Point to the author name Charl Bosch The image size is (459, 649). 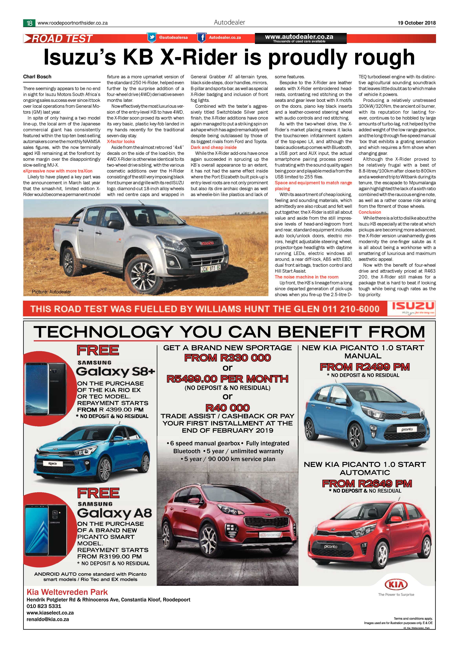tap(37, 77)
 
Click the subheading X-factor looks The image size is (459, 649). tap(121, 141)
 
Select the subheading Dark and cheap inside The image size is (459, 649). tap(213, 147)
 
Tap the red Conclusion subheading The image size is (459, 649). tap(370, 212)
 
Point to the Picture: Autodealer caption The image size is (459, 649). tap(51, 291)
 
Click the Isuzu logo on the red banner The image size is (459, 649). tap(413, 308)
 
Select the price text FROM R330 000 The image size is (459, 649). tap(227, 358)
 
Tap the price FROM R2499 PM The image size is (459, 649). tap(365, 367)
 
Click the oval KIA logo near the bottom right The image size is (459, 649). tap(396, 584)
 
